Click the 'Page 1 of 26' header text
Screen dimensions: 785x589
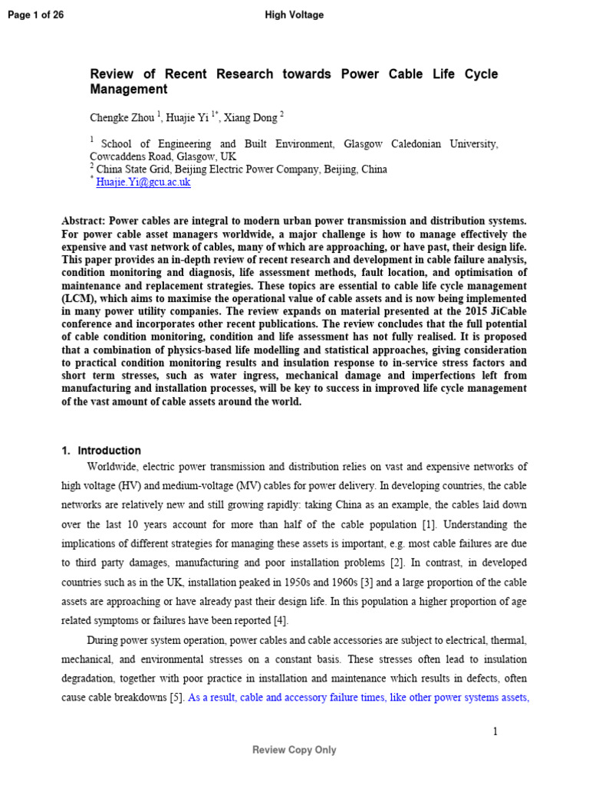(35, 15)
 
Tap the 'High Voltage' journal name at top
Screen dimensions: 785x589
(294, 15)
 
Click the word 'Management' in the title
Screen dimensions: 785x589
(129, 90)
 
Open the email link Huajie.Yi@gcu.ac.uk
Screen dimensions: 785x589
(143, 182)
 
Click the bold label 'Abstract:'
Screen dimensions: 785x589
(84, 221)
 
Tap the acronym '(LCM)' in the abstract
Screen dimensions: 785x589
(80, 299)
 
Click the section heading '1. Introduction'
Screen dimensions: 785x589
(101, 451)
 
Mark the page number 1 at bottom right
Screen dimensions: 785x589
(495, 731)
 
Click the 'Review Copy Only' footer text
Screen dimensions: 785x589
(294, 751)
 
